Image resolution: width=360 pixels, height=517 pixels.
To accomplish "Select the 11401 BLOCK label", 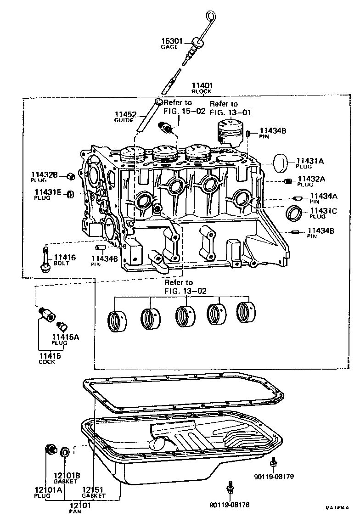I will click(x=202, y=88).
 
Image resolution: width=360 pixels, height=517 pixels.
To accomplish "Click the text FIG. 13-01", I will click(x=230, y=112).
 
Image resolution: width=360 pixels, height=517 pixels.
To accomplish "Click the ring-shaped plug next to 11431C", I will click(x=294, y=214).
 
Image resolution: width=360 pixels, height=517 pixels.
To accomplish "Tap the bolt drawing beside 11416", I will click(x=45, y=259).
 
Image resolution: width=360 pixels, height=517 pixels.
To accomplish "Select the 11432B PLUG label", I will click(x=45, y=177).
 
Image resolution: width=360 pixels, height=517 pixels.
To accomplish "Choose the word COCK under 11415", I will click(x=47, y=362).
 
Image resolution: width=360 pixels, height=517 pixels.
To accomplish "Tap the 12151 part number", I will click(x=93, y=490).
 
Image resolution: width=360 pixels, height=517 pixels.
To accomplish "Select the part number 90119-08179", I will click(x=274, y=476).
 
